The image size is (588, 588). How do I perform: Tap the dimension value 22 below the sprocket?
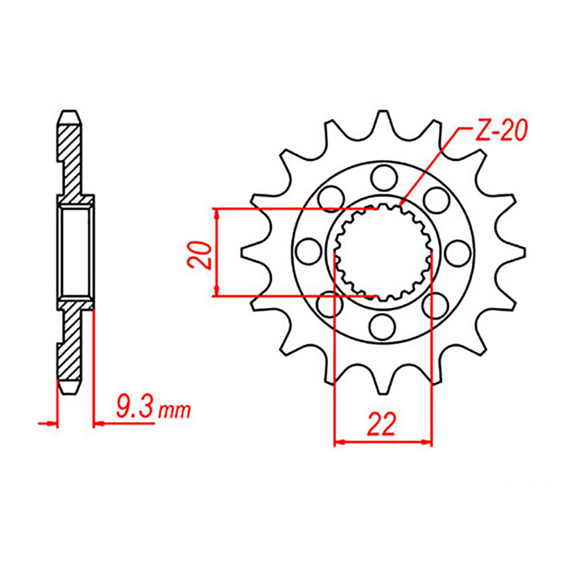tap(381, 424)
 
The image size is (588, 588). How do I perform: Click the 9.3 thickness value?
tap(135, 406)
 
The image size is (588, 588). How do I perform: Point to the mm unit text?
tap(175, 411)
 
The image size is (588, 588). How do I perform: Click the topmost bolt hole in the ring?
tap(384, 178)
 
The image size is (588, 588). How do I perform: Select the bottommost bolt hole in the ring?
tap(382, 326)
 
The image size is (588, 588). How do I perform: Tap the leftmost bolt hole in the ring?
tap(308, 251)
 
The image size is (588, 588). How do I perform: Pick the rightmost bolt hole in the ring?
tap(458, 253)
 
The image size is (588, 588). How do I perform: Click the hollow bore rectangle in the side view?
tap(75, 252)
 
